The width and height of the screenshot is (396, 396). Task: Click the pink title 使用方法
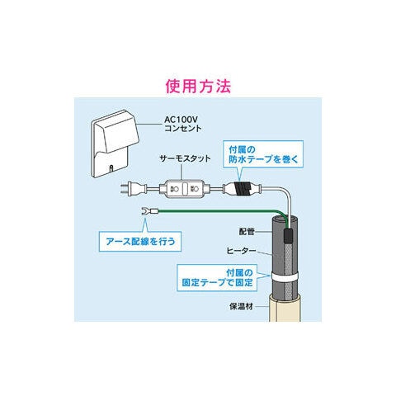coord(198,87)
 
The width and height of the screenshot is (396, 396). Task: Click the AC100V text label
coord(181,120)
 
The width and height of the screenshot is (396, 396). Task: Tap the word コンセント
coord(183,129)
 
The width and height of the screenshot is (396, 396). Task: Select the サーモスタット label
coord(186,158)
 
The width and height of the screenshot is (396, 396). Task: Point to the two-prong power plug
coord(133,189)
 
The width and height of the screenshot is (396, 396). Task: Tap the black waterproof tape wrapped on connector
coord(241,189)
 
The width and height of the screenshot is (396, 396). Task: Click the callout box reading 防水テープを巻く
coord(263,154)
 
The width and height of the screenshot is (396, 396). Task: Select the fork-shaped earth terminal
coord(144,211)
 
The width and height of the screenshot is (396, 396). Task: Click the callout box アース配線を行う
coord(140,242)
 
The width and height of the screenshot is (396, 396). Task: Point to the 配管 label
coord(247,232)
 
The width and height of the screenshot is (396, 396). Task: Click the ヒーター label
coord(241,251)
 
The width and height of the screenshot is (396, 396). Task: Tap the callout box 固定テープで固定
coord(217,278)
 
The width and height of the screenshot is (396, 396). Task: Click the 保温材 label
coord(241,306)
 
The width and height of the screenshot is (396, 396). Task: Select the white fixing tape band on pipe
coord(285,276)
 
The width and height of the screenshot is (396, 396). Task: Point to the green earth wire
coord(220,211)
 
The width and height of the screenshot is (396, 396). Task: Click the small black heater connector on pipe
coord(289,235)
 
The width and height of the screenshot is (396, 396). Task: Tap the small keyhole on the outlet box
coord(111,167)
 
